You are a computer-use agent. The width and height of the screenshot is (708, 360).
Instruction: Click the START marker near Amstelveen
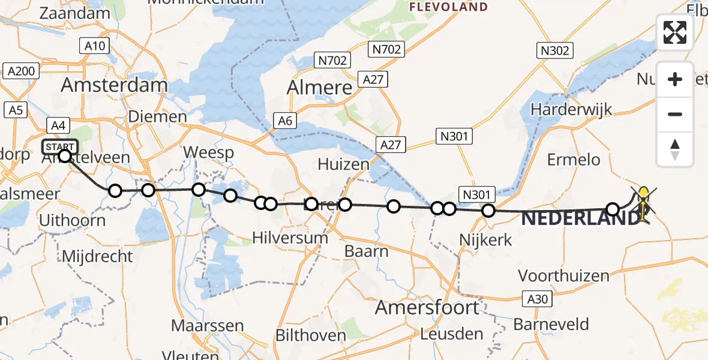pos(60,146)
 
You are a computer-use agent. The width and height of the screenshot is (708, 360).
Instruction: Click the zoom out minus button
pos(675,114)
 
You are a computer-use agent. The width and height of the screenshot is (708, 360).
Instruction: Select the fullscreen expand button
pos(675,32)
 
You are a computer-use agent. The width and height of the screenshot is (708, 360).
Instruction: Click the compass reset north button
pos(675,149)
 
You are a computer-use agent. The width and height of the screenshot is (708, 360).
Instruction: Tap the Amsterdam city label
pos(114,85)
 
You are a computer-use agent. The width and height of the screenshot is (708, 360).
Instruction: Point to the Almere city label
pos(319,88)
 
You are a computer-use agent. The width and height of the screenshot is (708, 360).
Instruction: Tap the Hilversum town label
pos(290,238)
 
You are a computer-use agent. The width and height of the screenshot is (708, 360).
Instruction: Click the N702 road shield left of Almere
pos(332,60)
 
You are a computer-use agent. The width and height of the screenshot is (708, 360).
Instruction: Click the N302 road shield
pos(554,51)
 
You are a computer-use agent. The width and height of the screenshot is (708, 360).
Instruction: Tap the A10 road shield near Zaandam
pos(94,46)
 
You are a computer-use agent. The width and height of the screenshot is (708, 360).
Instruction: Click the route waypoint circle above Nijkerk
pos(488,211)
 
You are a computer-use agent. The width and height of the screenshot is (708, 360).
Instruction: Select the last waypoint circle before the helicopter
pos(613,209)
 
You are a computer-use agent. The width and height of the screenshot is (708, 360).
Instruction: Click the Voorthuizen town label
pos(563,276)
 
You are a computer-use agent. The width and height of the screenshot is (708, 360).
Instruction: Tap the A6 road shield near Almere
pos(286,121)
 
